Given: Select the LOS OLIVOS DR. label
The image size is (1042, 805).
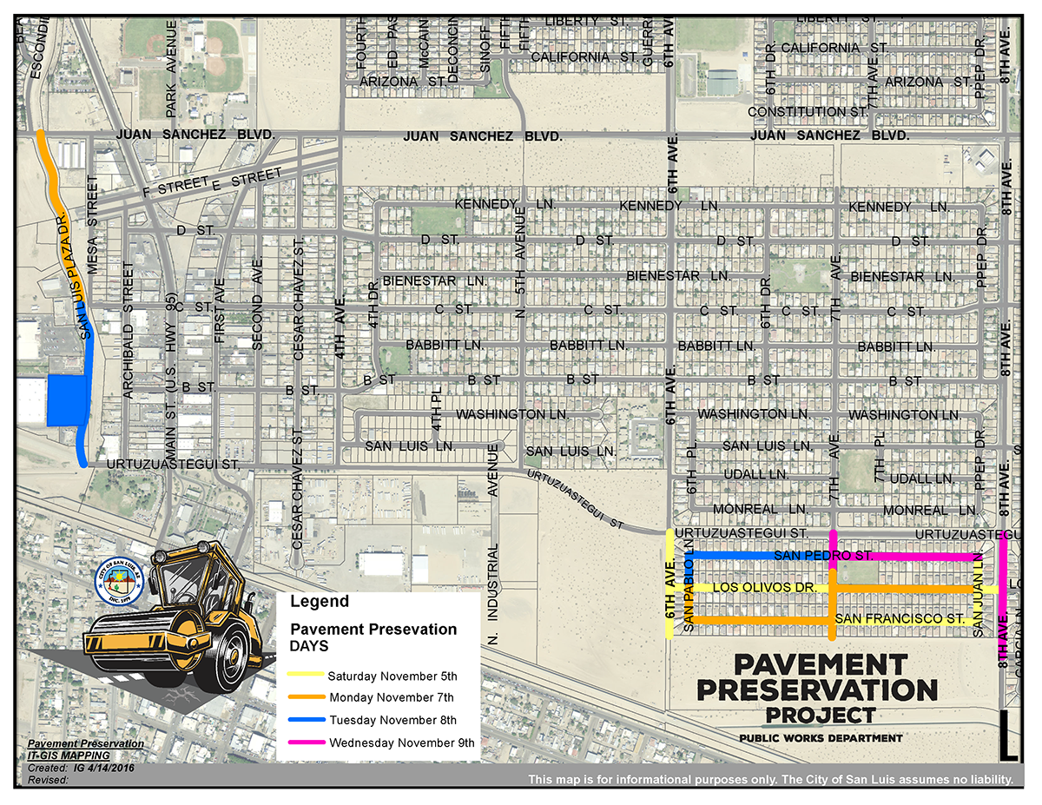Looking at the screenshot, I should coord(763,588).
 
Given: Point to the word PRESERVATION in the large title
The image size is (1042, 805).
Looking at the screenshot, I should coord(816,690).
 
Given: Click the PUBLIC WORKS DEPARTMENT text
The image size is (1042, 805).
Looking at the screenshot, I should coord(821,738).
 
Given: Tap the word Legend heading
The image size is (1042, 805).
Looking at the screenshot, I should coord(320,601).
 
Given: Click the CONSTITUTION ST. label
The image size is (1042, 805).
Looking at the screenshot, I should coord(808,112).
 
